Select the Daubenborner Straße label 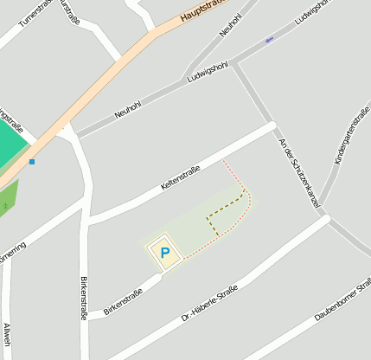tap(342, 300)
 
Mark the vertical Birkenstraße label tap(84, 299)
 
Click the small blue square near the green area tap(32, 162)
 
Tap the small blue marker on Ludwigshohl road tap(269, 40)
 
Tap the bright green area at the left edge tap(10, 143)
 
